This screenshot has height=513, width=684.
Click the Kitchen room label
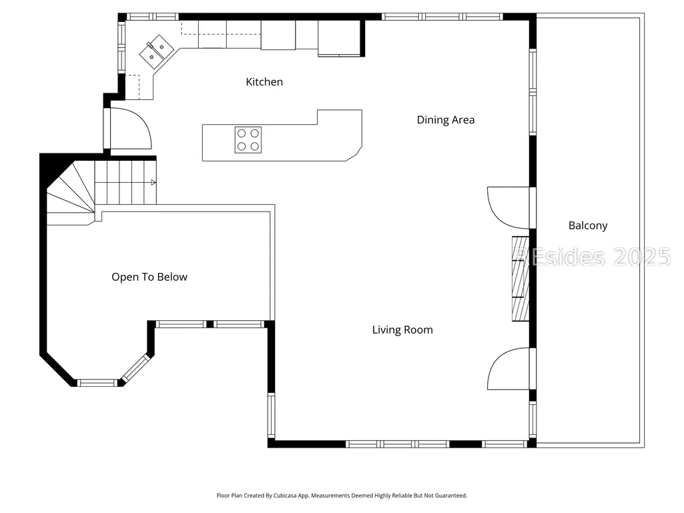point(264,81)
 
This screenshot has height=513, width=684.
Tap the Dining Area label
point(445,119)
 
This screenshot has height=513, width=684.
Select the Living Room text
point(402,330)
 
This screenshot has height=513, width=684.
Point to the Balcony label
point(588,225)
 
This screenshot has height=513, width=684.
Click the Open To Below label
point(149,277)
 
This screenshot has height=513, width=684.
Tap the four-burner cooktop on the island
point(248,139)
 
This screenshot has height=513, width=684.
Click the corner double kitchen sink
point(157,52)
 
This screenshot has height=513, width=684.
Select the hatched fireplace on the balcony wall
point(521,278)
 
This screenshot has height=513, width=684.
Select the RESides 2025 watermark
point(593,256)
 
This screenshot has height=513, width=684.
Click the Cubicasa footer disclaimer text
point(342,496)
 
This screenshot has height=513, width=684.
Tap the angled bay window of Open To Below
point(135,369)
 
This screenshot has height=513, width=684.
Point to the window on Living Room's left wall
point(272,415)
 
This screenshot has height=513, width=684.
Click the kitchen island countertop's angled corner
point(354,154)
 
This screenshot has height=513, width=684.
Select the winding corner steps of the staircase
point(71,193)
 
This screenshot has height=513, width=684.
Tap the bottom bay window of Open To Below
point(97,383)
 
